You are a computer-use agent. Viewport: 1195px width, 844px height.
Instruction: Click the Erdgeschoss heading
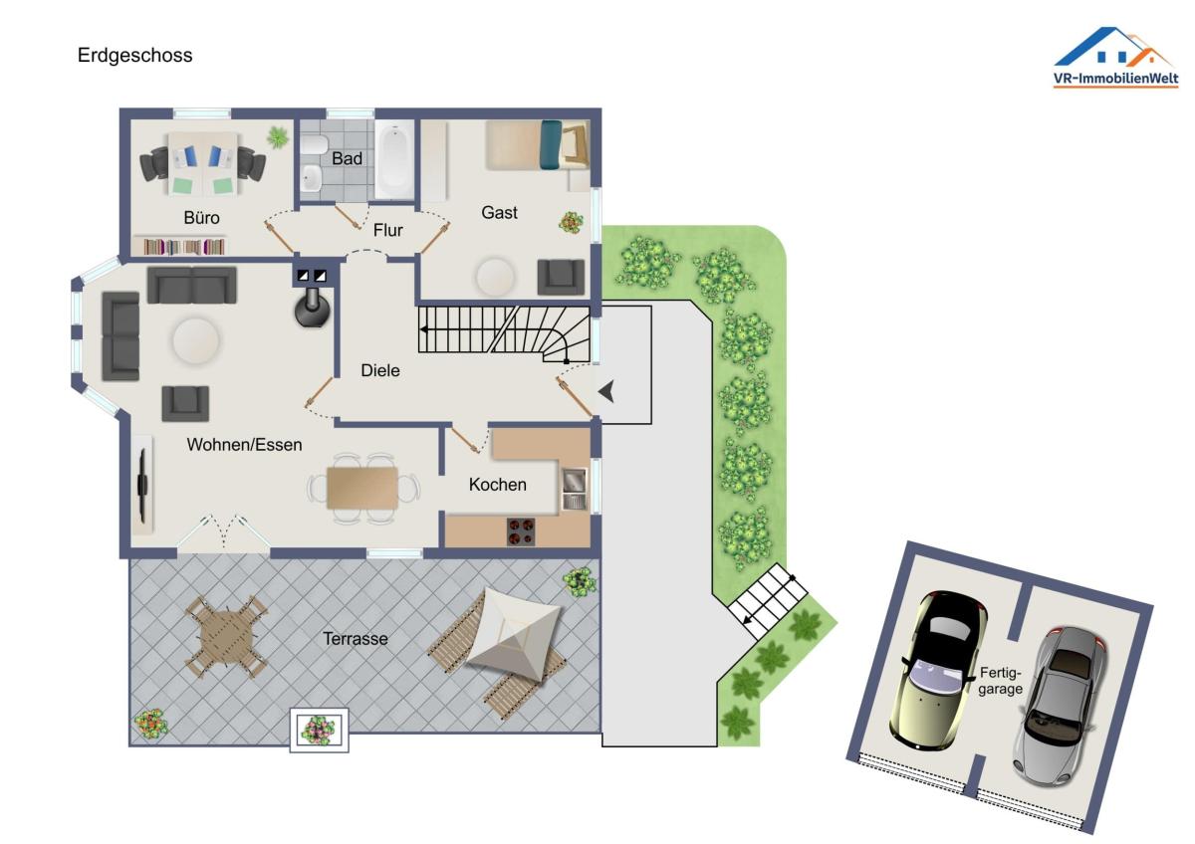click(x=134, y=56)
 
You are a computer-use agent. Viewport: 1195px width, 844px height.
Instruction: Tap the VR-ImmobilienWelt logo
click(x=1116, y=57)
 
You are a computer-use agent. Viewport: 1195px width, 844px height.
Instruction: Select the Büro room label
click(x=201, y=218)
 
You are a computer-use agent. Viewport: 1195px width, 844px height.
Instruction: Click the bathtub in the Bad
click(x=394, y=158)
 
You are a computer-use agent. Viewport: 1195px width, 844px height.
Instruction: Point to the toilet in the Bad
click(x=315, y=144)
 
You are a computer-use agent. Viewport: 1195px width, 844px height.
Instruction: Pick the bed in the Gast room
click(x=537, y=144)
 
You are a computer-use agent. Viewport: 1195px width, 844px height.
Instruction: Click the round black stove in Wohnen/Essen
click(x=313, y=308)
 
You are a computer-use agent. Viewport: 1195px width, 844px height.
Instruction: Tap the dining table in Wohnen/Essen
click(x=362, y=488)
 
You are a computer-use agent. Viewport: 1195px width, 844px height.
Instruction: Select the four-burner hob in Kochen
click(x=521, y=531)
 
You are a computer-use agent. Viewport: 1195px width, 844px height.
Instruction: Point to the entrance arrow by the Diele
click(x=607, y=391)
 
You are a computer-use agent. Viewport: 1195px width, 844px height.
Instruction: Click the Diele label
click(x=379, y=370)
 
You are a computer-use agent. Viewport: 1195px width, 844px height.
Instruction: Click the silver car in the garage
click(x=1059, y=707)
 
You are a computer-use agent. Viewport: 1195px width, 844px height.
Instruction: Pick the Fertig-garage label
click(x=1000, y=681)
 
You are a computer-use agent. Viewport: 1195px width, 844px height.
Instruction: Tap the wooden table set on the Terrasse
click(x=226, y=637)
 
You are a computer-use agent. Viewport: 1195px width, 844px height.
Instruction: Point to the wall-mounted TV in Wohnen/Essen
click(x=142, y=485)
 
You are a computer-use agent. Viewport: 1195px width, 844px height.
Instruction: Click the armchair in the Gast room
click(x=561, y=277)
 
